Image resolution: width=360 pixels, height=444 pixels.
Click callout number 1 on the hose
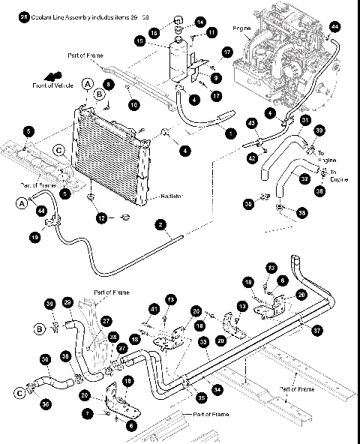click(229, 133)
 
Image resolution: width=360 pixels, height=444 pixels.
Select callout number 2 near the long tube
click(160, 223)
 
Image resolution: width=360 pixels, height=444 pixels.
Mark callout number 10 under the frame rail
click(133, 106)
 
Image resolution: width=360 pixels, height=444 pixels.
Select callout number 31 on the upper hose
click(304, 120)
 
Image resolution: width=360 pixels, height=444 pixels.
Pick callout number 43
click(252, 123)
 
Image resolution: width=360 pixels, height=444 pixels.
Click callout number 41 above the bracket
click(154, 309)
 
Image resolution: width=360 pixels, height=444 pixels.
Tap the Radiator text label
click(176, 196)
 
